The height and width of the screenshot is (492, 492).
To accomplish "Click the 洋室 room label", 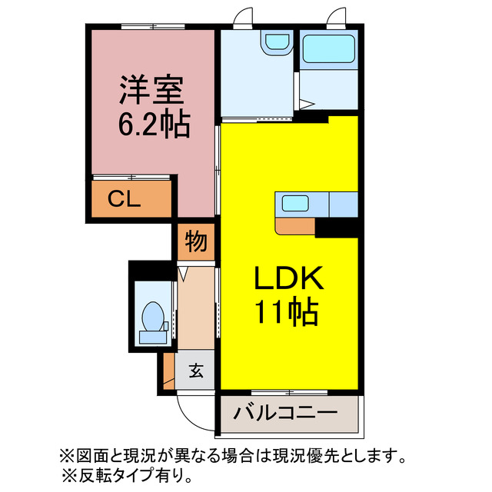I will coord(151,91).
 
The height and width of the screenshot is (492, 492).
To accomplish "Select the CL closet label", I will coord(123,200).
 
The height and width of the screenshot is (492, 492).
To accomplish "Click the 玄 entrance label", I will coord(196,372).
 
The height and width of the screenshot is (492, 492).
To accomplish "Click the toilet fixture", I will coord(152,317).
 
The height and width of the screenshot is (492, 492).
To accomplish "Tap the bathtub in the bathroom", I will coord(327,48).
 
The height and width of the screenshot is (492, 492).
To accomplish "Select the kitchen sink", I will coord(295,204).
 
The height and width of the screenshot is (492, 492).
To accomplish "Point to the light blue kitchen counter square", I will coord(343,204).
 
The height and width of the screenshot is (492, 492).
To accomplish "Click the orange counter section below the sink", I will coord(294,225).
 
